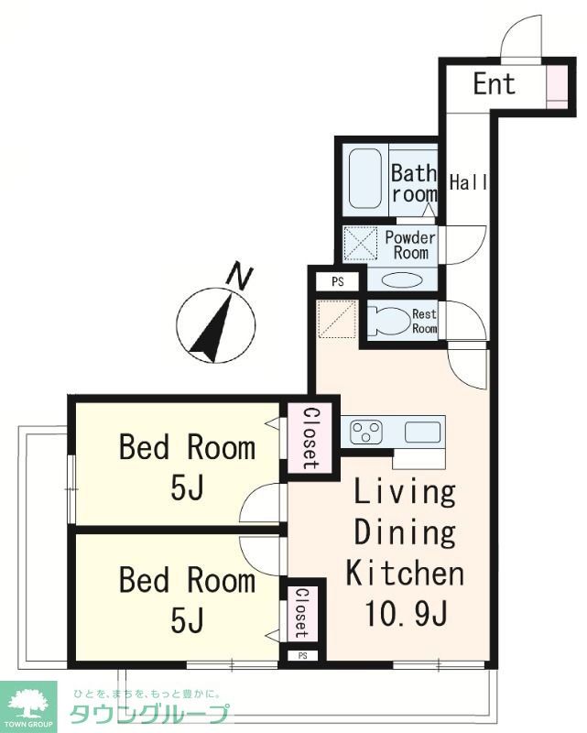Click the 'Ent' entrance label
pos(494,84)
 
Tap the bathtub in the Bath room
pos(364,179)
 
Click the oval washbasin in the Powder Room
pos(402,280)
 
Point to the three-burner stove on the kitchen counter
pos(367,432)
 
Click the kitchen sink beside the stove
pos(422,432)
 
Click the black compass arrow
pos(212,328)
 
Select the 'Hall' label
pos(468,181)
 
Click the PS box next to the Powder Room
pos(337,282)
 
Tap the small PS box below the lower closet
pos(302,656)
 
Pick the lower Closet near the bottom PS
pos(302,613)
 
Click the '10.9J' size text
pos(406,613)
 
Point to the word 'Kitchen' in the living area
pos(405,574)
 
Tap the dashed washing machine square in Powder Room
pos(360,243)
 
